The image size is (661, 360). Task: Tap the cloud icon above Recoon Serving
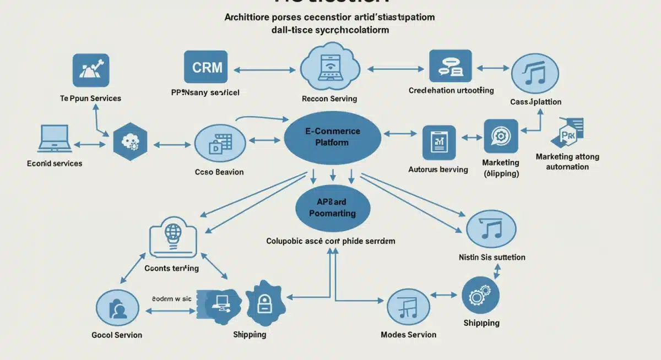[x=329, y=68]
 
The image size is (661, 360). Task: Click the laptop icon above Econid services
[x=54, y=138]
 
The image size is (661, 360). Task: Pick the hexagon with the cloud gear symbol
[x=129, y=143]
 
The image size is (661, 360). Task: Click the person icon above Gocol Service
[x=117, y=308]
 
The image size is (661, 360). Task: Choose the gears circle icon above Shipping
[x=480, y=296]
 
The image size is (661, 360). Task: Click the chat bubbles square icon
[x=450, y=67]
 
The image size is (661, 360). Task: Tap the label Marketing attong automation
[x=567, y=162]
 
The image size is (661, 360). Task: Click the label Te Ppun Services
[x=90, y=99]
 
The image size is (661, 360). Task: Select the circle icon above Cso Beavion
[x=216, y=144]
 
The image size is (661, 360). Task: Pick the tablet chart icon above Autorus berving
[x=439, y=143]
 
